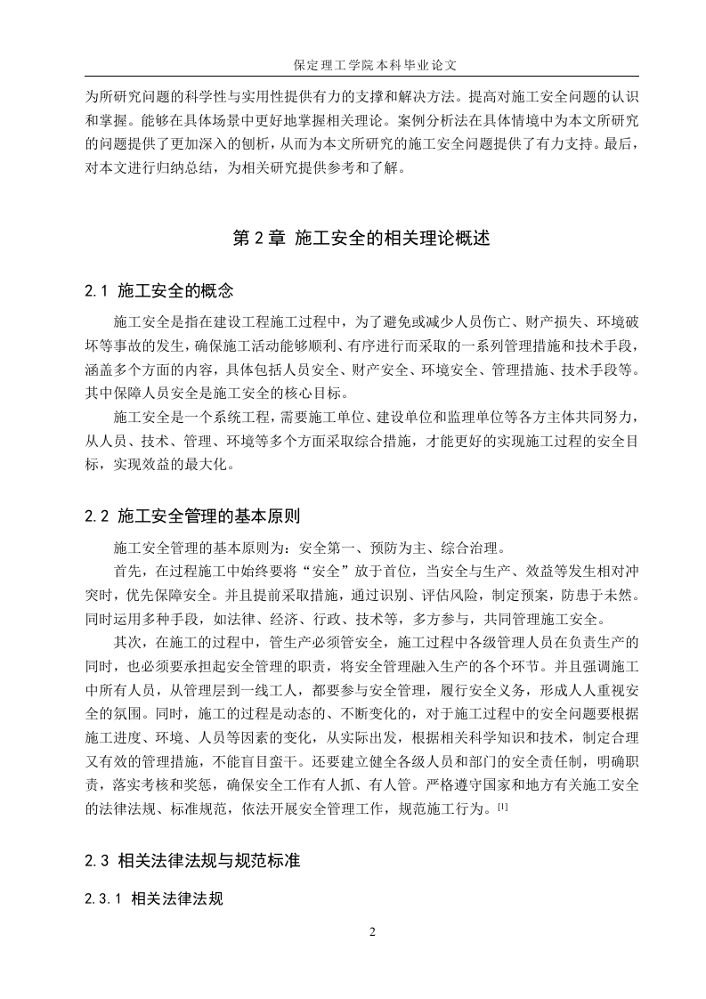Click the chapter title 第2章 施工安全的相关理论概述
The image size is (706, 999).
(x=361, y=239)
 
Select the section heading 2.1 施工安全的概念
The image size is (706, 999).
(x=159, y=289)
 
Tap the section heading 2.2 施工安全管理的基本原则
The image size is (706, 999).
(x=192, y=516)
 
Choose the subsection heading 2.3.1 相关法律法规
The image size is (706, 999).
(x=153, y=898)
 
